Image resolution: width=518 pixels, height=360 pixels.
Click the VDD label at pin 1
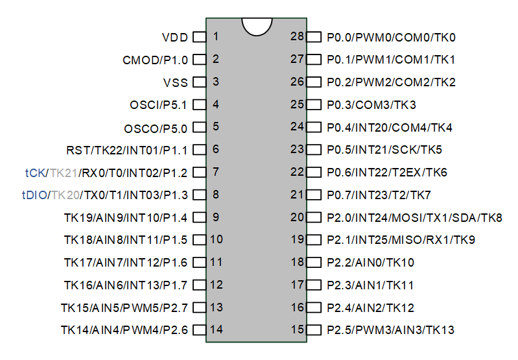[x=174, y=37]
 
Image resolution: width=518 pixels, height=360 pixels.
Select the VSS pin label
[x=175, y=82]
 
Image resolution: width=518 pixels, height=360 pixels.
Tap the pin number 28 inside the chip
[x=297, y=36]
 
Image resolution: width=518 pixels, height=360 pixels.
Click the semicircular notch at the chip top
[x=256, y=25]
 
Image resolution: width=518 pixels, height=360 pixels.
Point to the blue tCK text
[x=35, y=173]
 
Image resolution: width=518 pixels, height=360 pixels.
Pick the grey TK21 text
[x=64, y=173]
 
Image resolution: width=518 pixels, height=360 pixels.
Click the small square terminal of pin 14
[x=200, y=330]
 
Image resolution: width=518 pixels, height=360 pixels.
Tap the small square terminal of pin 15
[x=314, y=330]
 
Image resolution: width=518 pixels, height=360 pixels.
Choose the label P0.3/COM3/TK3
[x=371, y=105]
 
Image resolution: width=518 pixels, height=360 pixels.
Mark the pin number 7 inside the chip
[x=215, y=172]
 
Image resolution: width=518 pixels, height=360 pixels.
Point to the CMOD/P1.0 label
[x=155, y=60]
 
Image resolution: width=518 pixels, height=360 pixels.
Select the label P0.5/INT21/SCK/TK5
[x=384, y=150]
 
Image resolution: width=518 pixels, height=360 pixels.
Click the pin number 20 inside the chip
[x=297, y=217]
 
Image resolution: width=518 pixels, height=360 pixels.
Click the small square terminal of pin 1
[x=200, y=37]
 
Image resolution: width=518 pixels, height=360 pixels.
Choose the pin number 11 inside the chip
[x=217, y=262]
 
